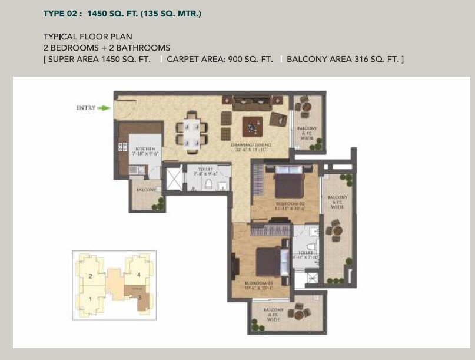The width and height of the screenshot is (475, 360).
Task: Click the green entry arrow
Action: point(104,108)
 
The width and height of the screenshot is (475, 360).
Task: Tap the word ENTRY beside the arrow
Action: point(85,108)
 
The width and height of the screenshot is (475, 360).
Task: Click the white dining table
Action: point(192,132)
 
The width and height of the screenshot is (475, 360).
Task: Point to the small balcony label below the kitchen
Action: point(145,190)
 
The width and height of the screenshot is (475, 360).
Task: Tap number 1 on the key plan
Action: point(90,299)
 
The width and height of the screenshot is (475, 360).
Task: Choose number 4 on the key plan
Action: point(139,275)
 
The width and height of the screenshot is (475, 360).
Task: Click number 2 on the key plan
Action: point(90,276)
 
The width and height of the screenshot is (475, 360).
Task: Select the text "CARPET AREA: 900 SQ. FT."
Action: point(220,60)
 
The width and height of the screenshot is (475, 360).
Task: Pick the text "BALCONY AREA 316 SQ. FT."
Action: point(344,60)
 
